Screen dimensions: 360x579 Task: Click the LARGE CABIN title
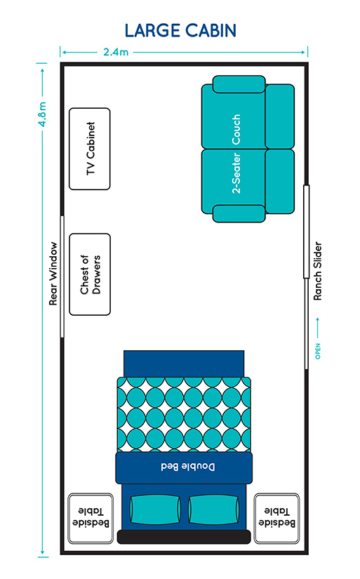click(180, 31)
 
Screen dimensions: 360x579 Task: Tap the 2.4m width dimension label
click(116, 52)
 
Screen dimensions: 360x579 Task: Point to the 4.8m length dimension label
click(43, 114)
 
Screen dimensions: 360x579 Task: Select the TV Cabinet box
click(90, 149)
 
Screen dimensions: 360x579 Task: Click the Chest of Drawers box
click(90, 274)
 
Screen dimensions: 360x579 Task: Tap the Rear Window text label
click(53, 274)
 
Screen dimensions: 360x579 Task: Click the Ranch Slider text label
click(317, 271)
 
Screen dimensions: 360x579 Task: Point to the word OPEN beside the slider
click(318, 351)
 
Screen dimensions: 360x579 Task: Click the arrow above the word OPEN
click(317, 328)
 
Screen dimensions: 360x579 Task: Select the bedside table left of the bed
click(91, 519)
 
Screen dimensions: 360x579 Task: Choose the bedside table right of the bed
click(276, 519)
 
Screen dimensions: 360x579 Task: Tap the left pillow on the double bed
click(155, 510)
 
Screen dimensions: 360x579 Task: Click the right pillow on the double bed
click(214, 510)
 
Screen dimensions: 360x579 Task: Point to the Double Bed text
click(188, 467)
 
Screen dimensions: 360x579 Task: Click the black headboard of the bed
click(184, 536)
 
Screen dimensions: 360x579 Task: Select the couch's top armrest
click(239, 84)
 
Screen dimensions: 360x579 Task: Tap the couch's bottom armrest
click(239, 214)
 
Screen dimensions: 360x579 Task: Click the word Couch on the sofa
click(236, 130)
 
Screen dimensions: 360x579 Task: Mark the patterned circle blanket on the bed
click(184, 414)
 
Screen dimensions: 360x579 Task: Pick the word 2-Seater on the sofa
click(236, 173)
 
